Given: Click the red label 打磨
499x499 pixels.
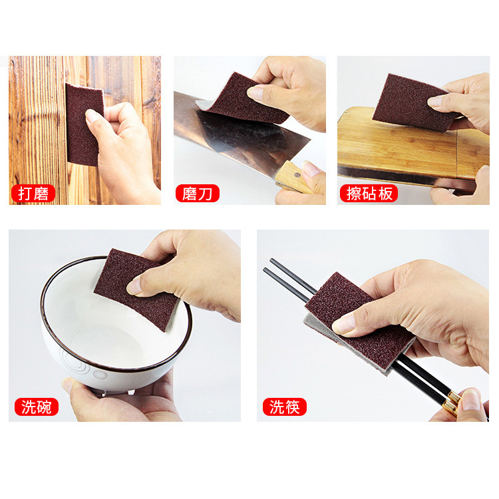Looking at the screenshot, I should (x=33, y=194).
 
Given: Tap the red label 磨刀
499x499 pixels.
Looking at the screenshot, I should (x=197, y=194).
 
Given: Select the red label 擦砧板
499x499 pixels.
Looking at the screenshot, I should (x=369, y=194).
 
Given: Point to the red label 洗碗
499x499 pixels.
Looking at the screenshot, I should (x=37, y=407).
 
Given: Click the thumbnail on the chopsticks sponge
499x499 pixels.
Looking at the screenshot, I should (x=343, y=324).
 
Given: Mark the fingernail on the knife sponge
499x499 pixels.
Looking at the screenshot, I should (x=255, y=92).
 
